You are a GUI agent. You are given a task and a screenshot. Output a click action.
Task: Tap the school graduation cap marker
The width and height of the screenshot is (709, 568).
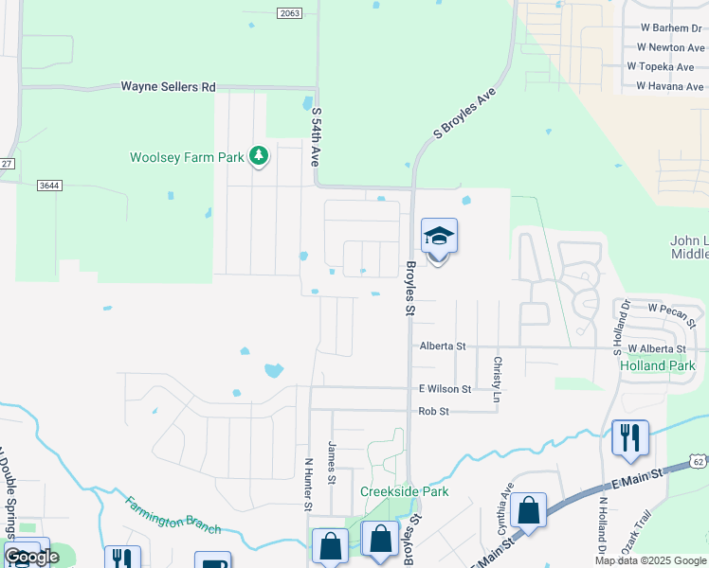(x=439, y=236)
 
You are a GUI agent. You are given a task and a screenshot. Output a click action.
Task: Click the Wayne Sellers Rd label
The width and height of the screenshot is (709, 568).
(x=168, y=87)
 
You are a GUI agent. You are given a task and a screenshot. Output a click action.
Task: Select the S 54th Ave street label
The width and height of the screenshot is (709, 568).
(x=315, y=137)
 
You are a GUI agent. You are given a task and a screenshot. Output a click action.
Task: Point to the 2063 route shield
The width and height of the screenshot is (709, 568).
(x=290, y=12)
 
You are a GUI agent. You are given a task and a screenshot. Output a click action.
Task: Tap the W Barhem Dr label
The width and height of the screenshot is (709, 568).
(x=670, y=27)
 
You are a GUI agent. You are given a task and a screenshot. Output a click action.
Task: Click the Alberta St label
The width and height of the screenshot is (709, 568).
(x=443, y=346)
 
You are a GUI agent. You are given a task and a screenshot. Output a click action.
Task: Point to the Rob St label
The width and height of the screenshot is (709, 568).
(x=433, y=411)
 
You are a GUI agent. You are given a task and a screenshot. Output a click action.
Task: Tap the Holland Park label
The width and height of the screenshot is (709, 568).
(x=657, y=365)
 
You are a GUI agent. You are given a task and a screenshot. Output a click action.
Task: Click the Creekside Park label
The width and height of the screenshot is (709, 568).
(x=404, y=491)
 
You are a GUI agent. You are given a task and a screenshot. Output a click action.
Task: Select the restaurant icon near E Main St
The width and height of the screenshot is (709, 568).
(x=630, y=437)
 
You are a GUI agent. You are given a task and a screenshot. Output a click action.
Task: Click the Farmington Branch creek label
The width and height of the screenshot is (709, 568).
(x=173, y=516)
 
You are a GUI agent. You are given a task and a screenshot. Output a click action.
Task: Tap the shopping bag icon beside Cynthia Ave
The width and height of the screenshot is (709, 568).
(x=528, y=510)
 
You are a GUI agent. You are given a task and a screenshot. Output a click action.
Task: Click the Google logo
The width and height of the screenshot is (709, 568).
(x=31, y=557)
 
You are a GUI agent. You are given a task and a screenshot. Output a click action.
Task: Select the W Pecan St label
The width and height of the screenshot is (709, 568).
(x=672, y=310)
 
